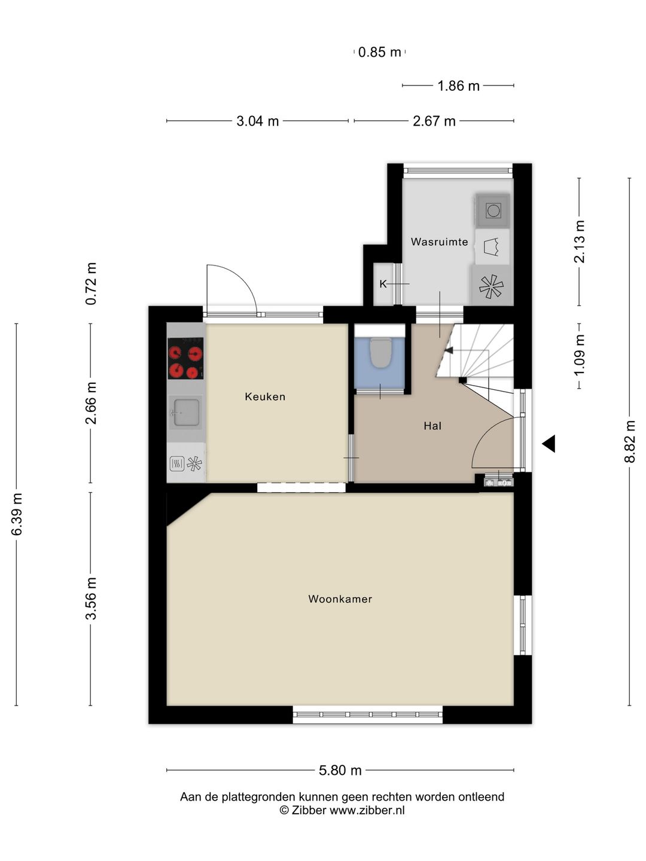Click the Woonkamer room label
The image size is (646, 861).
pos(340,599)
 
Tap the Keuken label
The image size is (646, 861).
pos(265,396)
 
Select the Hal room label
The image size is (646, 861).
pos(432,426)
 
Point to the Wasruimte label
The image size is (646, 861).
pos(439,242)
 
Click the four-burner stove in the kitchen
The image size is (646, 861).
pos(185,358)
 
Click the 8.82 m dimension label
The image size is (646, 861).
pos(629,442)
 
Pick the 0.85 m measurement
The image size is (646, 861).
pos(379,52)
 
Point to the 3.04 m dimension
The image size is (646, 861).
pos(257,121)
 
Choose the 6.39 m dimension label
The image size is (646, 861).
pos(17,514)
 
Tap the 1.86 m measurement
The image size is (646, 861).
pos(459,86)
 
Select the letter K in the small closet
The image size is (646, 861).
pos(383,284)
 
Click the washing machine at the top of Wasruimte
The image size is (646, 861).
pos(493,210)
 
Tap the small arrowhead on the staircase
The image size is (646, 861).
pos(449,350)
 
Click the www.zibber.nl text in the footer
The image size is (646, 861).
pos(367,810)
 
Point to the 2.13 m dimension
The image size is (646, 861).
pos(580,242)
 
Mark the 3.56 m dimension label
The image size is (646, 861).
pos(91,599)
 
